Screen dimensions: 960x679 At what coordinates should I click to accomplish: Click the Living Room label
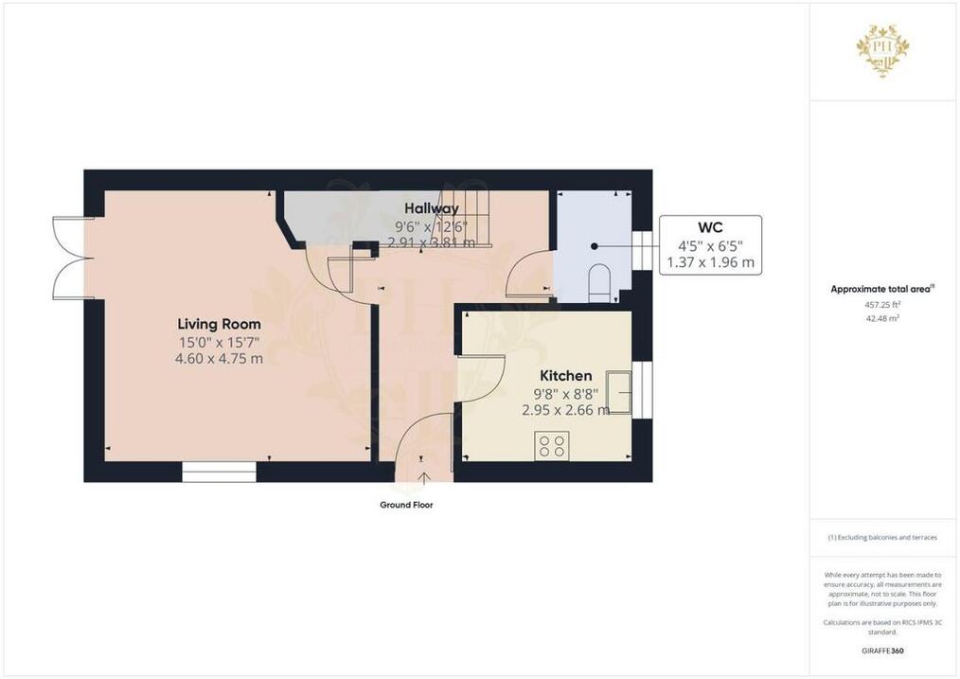click(x=220, y=324)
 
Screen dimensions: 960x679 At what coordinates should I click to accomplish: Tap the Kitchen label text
click(x=566, y=375)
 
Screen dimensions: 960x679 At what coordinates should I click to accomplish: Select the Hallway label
click(x=431, y=208)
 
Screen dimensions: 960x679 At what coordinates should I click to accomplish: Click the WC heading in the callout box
click(x=710, y=228)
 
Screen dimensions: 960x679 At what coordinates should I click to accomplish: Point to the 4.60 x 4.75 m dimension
click(x=220, y=358)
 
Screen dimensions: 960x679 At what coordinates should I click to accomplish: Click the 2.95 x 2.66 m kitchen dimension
click(x=566, y=410)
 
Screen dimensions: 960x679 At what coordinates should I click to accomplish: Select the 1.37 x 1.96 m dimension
click(x=710, y=262)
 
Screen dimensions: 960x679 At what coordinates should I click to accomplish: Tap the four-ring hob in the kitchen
click(x=552, y=446)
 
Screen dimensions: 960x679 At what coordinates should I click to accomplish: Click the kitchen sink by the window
click(x=618, y=392)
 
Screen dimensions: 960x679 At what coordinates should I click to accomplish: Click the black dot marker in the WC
click(x=594, y=246)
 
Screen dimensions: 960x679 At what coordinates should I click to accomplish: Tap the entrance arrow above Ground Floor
click(x=422, y=479)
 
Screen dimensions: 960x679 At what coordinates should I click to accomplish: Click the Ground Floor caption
click(x=406, y=505)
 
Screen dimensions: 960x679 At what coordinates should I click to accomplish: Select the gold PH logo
click(x=882, y=50)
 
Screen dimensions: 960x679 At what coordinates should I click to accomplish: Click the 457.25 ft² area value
click(x=882, y=304)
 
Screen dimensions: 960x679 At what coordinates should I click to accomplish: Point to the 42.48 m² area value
click(x=882, y=318)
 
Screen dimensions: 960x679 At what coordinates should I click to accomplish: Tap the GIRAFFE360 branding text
click(x=882, y=651)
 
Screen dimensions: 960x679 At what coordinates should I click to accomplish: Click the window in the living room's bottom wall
click(x=220, y=472)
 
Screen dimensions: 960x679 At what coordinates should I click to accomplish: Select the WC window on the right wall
click(x=642, y=250)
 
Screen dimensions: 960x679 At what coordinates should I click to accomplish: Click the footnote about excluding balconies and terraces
click(x=882, y=538)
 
